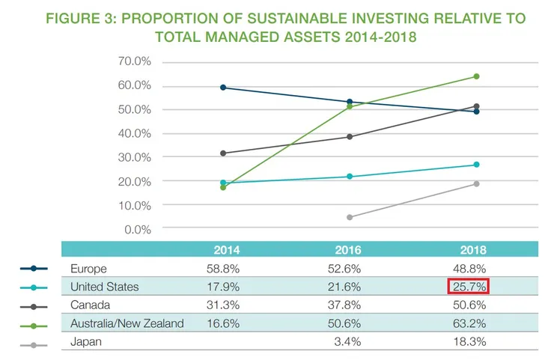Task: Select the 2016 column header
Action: point(348,250)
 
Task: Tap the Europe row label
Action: point(88,269)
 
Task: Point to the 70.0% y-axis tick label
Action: point(136,61)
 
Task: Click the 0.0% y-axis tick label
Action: point(138,229)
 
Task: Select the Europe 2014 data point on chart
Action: point(224,88)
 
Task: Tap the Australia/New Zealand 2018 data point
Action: point(476,76)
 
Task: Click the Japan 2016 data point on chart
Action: point(350,217)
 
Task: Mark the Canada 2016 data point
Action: point(350,137)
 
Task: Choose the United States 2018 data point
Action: point(476,165)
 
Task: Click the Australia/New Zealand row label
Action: point(127,324)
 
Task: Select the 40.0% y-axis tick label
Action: point(136,133)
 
